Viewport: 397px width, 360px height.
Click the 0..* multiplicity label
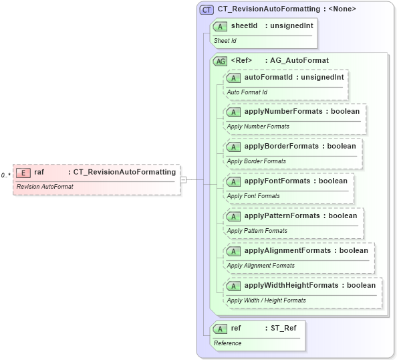5,175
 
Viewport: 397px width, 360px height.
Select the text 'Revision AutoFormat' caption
45,186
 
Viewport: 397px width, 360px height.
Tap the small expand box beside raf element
183,179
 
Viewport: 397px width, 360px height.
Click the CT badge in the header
207,9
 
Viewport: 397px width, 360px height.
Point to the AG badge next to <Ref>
220,61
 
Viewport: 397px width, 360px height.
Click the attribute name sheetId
245,25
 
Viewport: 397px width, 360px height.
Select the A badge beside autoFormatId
234,78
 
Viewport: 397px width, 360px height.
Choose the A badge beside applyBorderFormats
234,147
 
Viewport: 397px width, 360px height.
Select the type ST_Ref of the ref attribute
285,328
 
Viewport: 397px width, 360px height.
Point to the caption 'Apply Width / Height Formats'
266,300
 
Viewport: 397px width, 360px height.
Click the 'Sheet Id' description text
226,41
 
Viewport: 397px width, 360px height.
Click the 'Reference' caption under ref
228,343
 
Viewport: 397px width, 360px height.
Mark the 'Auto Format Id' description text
247,92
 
